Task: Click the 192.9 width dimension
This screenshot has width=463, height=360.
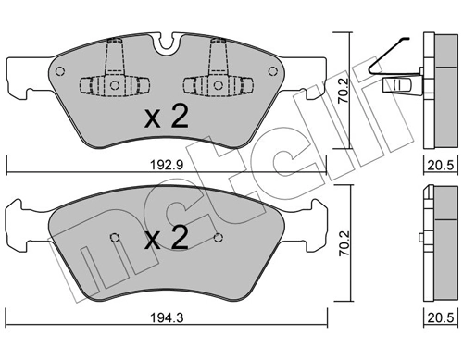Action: point(167,165)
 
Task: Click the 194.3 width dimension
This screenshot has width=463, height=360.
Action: point(167,317)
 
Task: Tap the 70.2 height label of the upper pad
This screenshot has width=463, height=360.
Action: point(344,90)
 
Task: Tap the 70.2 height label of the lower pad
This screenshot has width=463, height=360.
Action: point(344,243)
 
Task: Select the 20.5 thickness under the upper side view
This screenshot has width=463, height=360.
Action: point(441,166)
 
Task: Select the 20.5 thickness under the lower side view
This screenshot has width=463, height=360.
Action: point(441,317)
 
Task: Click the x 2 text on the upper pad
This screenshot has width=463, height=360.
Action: point(167,118)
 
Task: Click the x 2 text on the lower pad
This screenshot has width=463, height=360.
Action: point(167,239)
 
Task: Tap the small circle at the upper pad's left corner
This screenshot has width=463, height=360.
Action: point(60,71)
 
